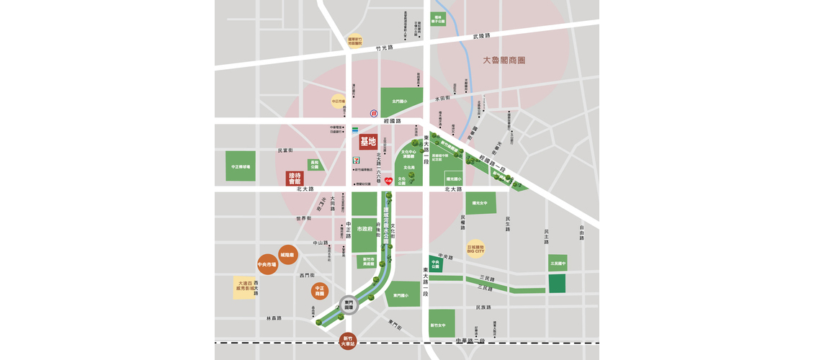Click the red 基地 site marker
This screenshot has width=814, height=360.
(368, 141)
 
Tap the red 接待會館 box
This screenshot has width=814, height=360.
(294, 177)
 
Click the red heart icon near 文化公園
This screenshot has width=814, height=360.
(388, 181)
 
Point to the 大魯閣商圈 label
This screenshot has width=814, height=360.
(504, 60)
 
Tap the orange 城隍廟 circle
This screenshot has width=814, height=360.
(288, 254)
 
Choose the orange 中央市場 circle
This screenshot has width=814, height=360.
(267, 265)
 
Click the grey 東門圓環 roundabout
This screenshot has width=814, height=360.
(349, 305)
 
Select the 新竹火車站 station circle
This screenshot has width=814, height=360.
(349, 340)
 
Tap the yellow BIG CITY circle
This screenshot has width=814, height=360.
(475, 248)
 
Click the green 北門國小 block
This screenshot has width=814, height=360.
(398, 102)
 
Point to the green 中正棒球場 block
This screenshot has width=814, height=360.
(241, 166)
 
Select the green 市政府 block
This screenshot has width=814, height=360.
(364, 229)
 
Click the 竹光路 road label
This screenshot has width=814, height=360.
(385, 48)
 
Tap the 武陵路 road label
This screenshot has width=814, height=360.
(481, 35)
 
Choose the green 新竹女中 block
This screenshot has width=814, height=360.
(442, 323)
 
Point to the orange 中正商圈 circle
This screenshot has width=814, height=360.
(320, 291)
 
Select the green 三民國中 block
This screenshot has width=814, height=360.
(557, 264)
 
